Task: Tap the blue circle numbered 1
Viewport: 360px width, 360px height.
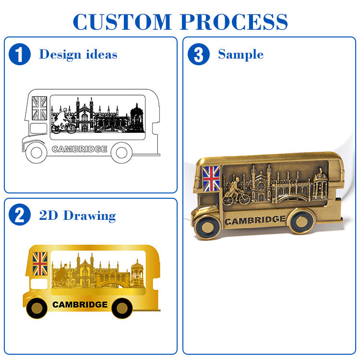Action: point(20,55)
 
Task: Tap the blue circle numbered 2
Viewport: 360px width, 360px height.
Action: point(20,216)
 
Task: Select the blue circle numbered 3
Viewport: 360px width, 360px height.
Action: point(198,54)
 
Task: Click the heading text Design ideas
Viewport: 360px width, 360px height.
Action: point(78,54)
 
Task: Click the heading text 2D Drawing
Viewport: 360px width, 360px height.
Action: point(77,216)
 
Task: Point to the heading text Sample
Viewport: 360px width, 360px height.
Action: point(240,54)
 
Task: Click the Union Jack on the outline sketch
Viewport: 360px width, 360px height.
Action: point(39,108)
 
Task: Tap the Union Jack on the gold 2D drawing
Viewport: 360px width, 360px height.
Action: point(40,264)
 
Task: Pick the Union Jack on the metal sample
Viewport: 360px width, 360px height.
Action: point(211,178)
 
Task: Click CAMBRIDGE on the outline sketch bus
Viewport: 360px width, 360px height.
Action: point(79,149)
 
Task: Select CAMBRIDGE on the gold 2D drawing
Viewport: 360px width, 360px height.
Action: point(80,304)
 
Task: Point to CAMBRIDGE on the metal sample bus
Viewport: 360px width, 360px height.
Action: point(255,220)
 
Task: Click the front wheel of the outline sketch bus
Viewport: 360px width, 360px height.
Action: point(36,152)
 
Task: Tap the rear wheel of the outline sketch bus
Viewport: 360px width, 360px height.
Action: point(122,152)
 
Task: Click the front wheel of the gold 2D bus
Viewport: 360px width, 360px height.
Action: point(36,307)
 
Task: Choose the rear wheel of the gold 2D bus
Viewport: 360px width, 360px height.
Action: point(122,307)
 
